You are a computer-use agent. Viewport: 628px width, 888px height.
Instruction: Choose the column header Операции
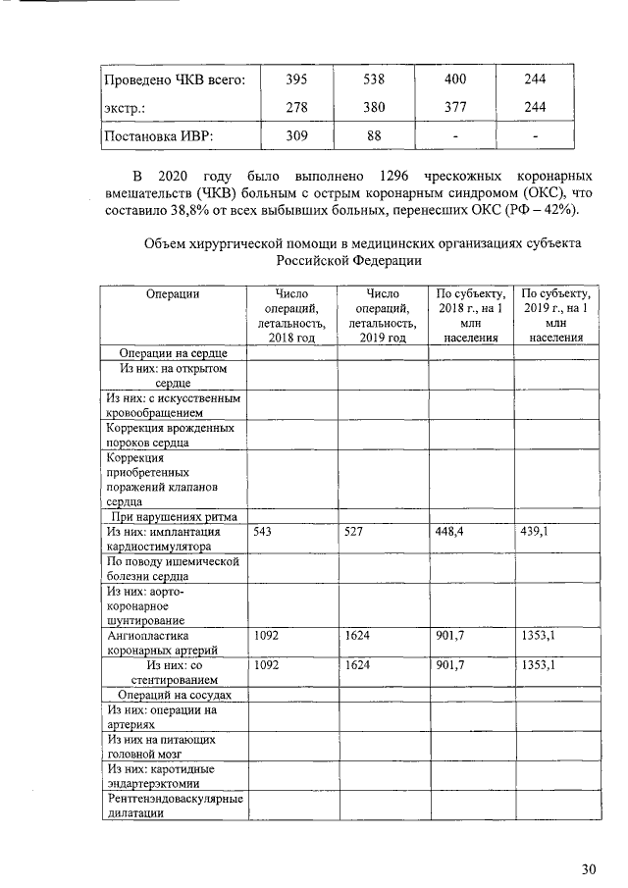pos(173,293)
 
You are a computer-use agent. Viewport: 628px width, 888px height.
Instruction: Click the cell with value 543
pos(263,532)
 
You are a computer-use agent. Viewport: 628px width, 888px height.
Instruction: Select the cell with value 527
pos(355,532)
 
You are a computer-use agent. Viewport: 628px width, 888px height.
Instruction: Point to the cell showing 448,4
pos(448,532)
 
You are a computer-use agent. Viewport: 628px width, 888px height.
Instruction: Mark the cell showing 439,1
pos(535,532)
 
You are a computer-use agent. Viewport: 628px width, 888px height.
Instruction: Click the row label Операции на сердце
pos(174,352)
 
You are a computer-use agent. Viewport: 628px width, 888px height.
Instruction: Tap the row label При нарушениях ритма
pos(174,516)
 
